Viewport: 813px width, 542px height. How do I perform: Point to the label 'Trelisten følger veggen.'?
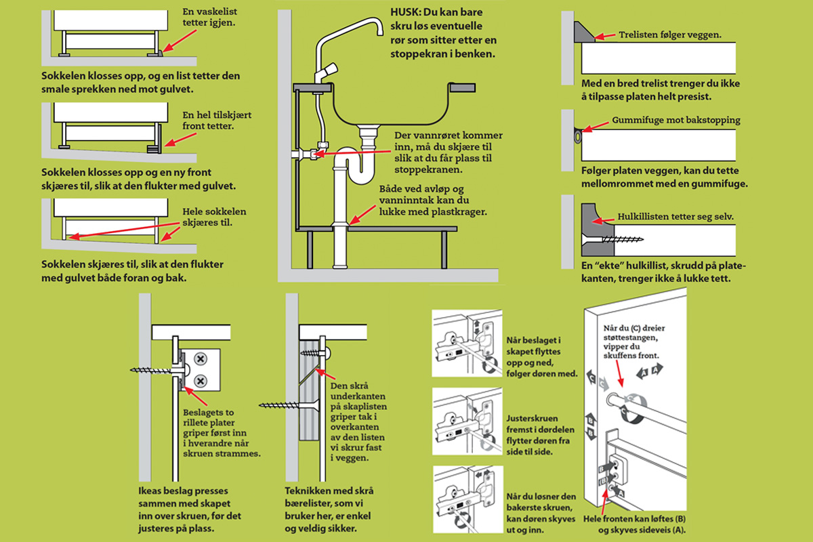(x=669, y=34)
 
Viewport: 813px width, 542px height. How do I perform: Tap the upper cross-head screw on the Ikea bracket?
(x=201, y=357)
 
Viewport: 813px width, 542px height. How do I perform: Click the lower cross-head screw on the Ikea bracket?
(x=201, y=381)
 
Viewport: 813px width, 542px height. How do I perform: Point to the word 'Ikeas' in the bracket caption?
(x=151, y=491)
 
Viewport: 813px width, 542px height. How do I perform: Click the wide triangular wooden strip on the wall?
(x=583, y=31)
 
